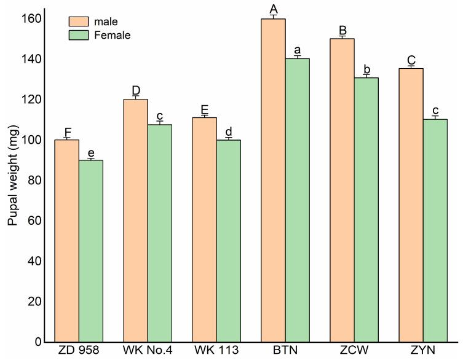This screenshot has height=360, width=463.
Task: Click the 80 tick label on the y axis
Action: [34, 181]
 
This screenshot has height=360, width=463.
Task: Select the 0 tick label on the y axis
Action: [37, 342]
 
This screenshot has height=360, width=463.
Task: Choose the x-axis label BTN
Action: [285, 353]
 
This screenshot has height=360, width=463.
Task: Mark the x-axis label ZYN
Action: [422, 353]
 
